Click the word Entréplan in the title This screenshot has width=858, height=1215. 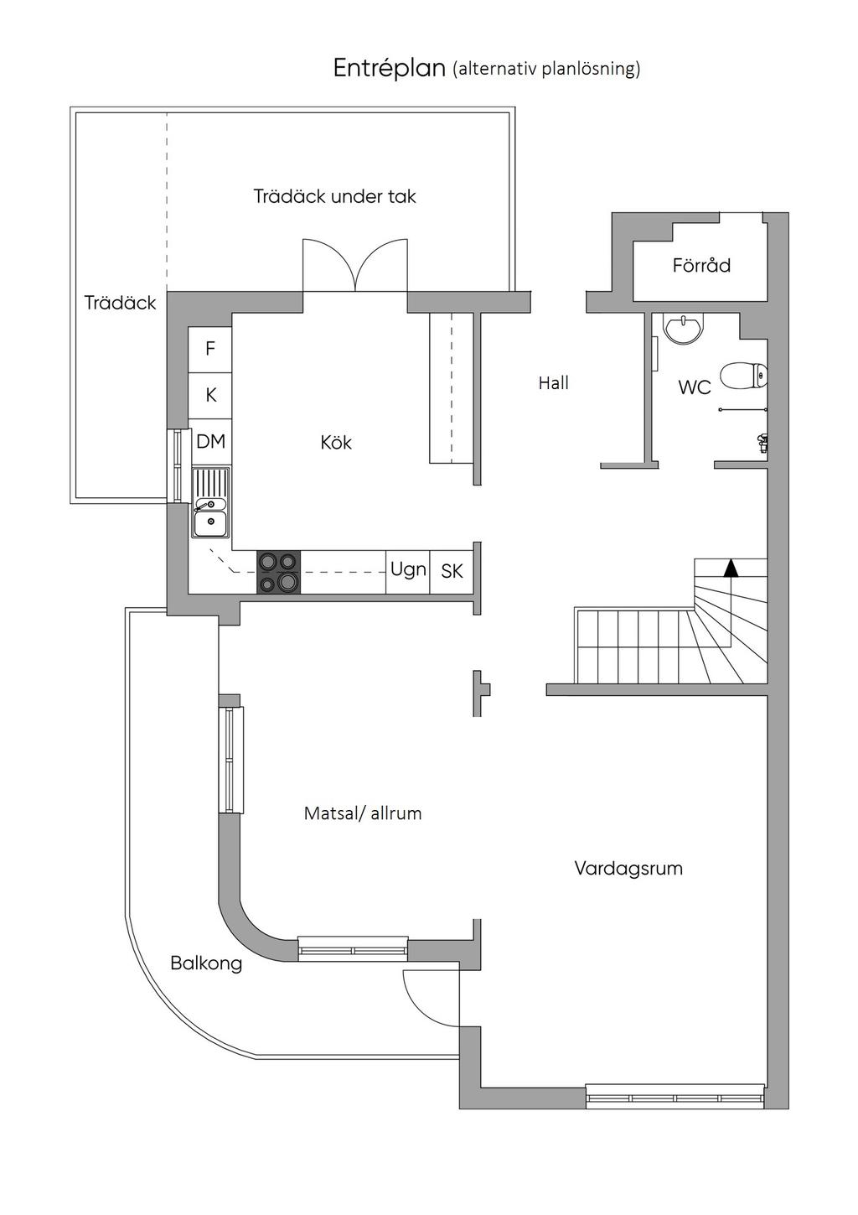coord(389,69)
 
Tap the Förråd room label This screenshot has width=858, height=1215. coord(701,265)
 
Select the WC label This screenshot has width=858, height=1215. coord(695,387)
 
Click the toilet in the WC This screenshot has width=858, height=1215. coord(744,376)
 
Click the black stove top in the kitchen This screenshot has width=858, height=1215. coord(278,572)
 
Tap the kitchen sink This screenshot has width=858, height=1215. coord(210,503)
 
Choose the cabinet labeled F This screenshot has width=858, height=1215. coord(210,349)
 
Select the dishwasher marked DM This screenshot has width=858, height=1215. coord(211,442)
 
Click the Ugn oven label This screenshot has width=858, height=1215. coord(408,570)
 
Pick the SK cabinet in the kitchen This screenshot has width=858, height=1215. coord(452,572)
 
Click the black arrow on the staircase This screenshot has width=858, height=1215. coord(731,568)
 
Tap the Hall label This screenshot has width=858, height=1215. coord(553,383)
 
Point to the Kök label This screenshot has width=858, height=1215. coord(335,443)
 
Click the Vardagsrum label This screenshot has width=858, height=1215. coord(628,869)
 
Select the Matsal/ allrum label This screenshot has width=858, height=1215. coord(363,813)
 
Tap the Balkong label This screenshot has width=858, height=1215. coord(206,963)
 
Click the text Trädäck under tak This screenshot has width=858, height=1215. coord(334,196)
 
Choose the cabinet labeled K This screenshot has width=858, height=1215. coord(210,396)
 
